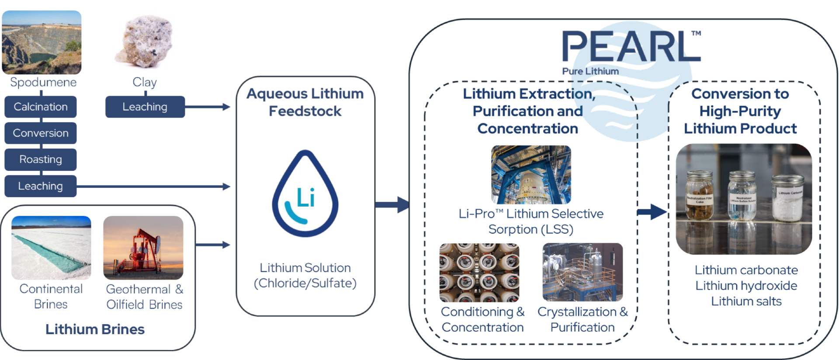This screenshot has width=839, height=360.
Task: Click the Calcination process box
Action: [x=41, y=107]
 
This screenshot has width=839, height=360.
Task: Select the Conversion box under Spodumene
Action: [x=41, y=133]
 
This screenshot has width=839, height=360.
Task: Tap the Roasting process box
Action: [x=41, y=159]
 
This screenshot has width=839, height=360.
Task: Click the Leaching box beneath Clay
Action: [x=145, y=107]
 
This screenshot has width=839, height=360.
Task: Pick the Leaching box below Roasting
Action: [x=41, y=186]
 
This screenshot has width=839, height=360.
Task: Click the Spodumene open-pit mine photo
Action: [x=42, y=42]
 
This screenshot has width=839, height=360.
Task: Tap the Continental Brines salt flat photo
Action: [x=51, y=248]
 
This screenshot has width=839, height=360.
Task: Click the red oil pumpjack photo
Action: [x=143, y=248]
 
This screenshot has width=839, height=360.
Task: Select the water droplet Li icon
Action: [x=305, y=194]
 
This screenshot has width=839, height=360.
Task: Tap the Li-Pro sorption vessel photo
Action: [x=531, y=175]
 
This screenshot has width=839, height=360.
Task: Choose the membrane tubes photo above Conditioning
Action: [x=479, y=273]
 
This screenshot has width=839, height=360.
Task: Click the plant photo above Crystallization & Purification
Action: [x=582, y=272]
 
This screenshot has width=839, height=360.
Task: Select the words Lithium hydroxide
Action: [x=746, y=286]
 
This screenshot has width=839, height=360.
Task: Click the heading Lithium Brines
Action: [x=95, y=329]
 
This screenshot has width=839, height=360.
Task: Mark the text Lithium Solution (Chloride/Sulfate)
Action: [x=305, y=275]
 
